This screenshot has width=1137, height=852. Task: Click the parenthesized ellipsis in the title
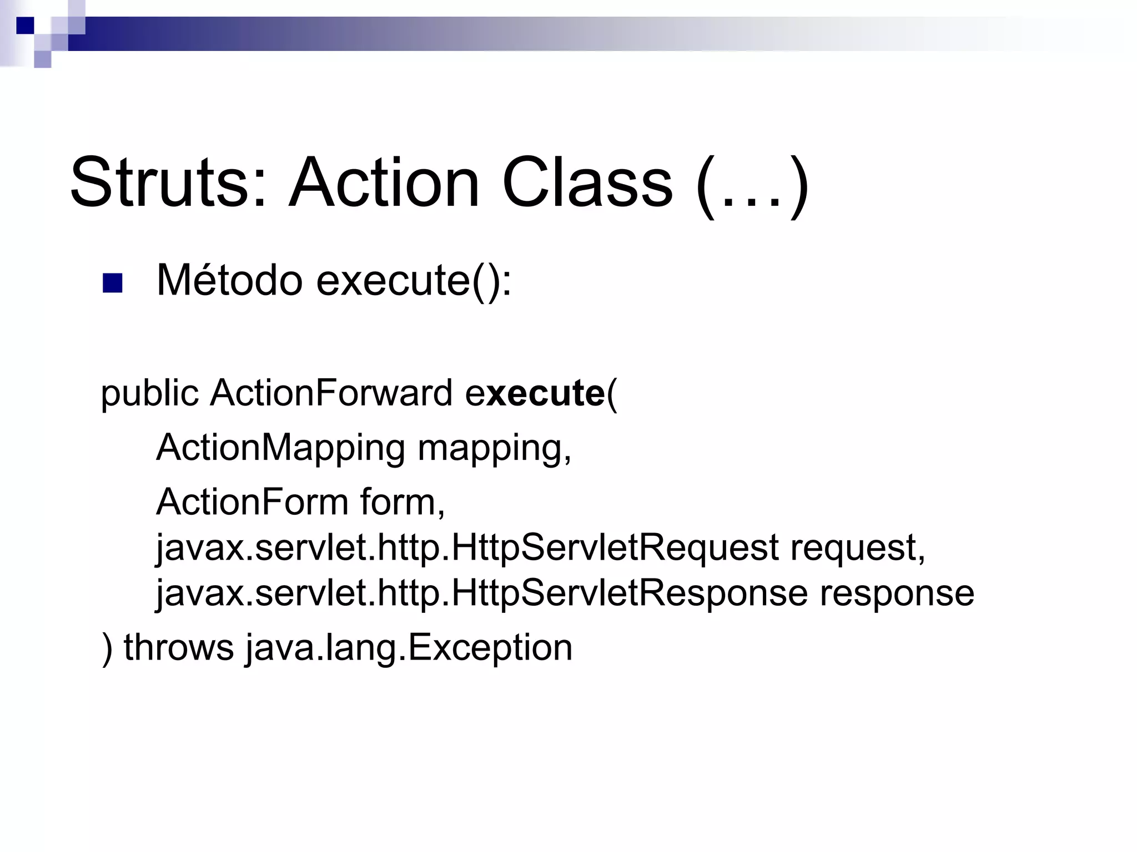point(752,186)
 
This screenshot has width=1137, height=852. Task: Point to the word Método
point(229,280)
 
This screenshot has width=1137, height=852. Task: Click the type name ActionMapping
point(281,448)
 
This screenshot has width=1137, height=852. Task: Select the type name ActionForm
point(252,502)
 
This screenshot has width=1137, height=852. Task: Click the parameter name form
point(402,502)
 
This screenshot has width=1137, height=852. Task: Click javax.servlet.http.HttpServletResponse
point(481,594)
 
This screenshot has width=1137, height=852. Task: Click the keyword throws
point(178,647)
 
